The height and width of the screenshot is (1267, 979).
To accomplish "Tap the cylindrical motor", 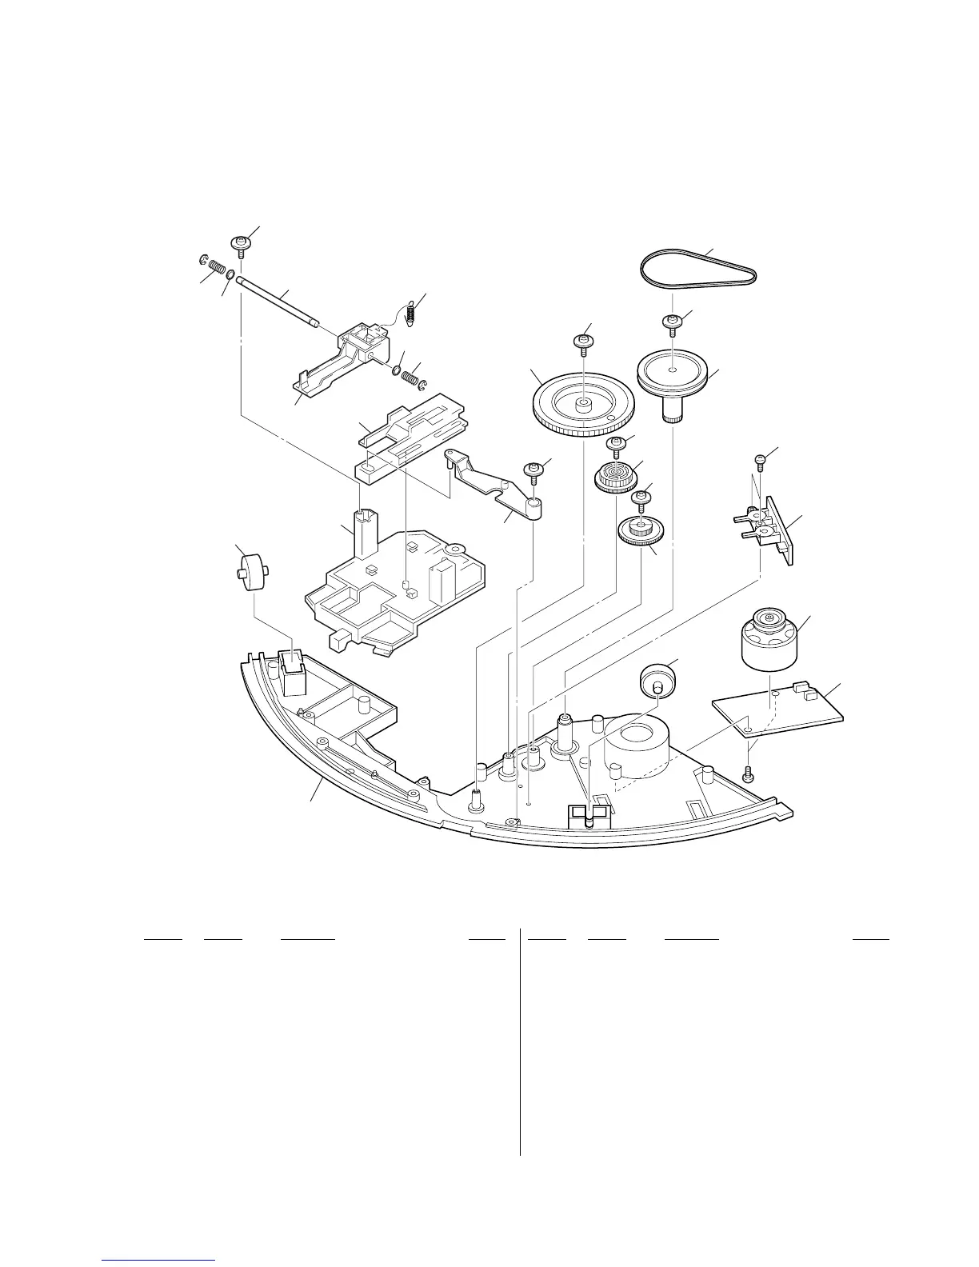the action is pyautogui.click(x=769, y=639).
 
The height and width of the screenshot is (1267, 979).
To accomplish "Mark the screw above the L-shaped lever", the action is pyautogui.click(x=531, y=471).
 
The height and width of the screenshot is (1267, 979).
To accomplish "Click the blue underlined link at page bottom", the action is pyautogui.click(x=159, y=1261).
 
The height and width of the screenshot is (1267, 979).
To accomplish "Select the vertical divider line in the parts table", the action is pyautogui.click(x=520, y=1040).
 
